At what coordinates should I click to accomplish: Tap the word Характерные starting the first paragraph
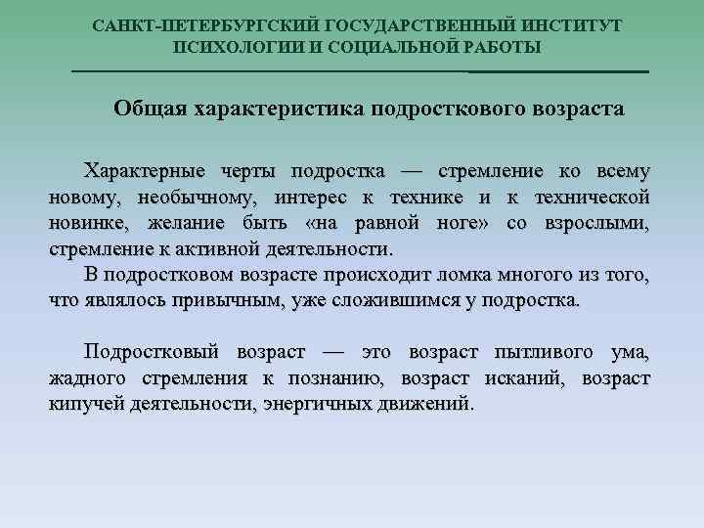coord(145,172)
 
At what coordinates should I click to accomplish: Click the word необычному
coord(200,198)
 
